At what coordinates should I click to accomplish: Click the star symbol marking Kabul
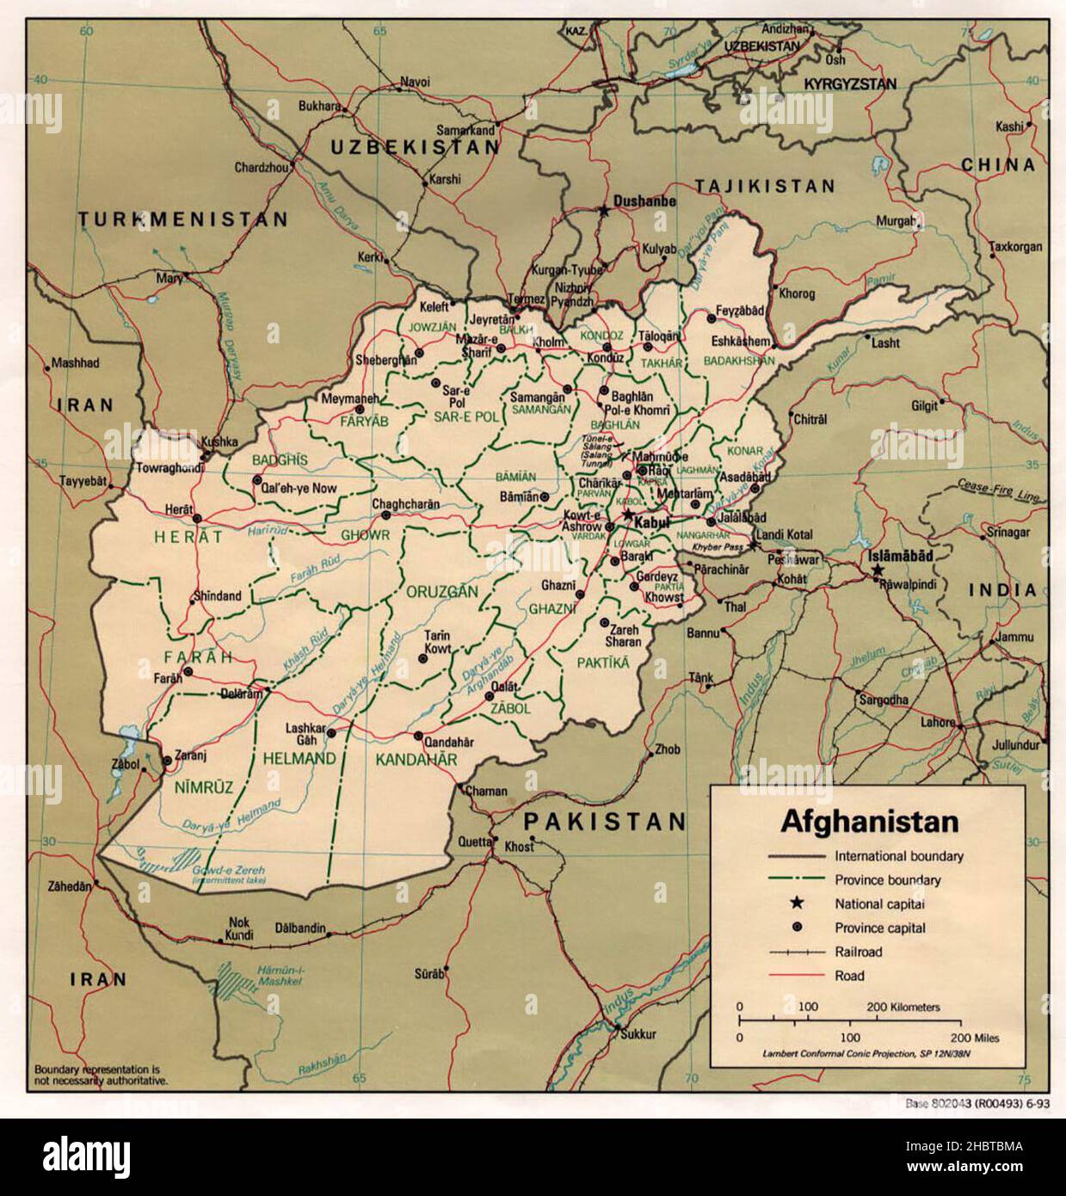(x=627, y=515)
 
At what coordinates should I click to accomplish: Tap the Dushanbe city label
(x=644, y=200)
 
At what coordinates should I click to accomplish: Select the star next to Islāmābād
(x=877, y=570)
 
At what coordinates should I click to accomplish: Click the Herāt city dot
(x=197, y=518)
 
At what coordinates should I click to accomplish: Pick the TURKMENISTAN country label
(x=183, y=220)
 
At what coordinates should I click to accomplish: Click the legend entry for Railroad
(x=858, y=952)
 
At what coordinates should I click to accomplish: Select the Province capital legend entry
(x=879, y=928)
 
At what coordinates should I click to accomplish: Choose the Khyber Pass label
(x=719, y=546)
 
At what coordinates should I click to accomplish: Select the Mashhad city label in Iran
(x=76, y=363)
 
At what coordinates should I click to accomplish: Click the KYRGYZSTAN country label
(x=849, y=84)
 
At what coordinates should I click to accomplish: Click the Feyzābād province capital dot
(x=712, y=318)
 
